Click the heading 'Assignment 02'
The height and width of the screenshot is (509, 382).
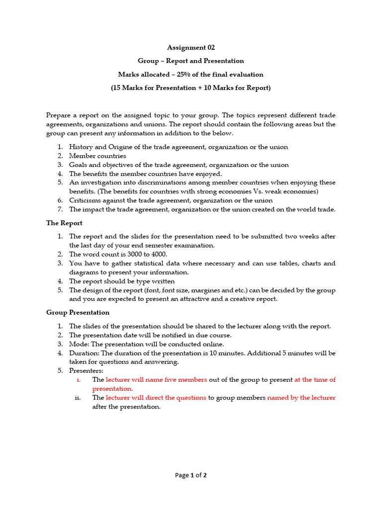pyautogui.click(x=191, y=48)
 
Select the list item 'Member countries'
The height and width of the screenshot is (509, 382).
pyautogui.click(x=97, y=156)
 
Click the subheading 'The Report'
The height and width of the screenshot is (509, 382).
pyautogui.click(x=64, y=223)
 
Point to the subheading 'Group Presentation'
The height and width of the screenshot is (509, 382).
pyautogui.click(x=78, y=313)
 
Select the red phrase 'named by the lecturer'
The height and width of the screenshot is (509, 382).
pyautogui.click(x=301, y=398)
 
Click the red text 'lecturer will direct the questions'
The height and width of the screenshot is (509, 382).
pyautogui.click(x=156, y=398)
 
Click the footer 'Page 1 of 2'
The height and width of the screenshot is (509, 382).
pyautogui.click(x=191, y=475)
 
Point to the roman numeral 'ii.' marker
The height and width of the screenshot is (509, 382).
pyautogui.click(x=78, y=398)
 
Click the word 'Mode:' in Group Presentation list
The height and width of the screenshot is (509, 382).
pyautogui.click(x=79, y=344)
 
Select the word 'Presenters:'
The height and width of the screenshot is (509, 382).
pyautogui.click(x=86, y=371)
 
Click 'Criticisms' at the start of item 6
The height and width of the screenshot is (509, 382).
pyautogui.click(x=85, y=201)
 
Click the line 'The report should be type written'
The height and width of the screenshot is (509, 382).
pyautogui.click(x=122, y=281)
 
